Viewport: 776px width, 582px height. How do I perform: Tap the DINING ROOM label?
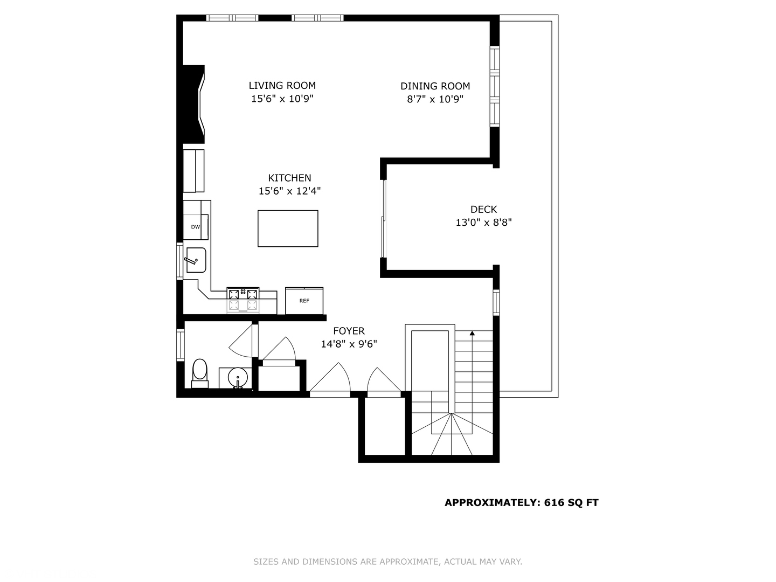click(435, 86)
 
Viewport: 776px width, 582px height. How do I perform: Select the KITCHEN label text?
click(289, 178)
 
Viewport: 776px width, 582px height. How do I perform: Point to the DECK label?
click(483, 209)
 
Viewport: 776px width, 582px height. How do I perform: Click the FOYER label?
click(349, 331)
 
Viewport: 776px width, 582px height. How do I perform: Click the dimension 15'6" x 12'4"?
click(289, 191)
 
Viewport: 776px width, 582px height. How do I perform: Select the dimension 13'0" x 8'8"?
click(483, 222)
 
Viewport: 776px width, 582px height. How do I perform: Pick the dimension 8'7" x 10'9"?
click(435, 99)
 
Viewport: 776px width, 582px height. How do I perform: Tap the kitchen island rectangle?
click(288, 228)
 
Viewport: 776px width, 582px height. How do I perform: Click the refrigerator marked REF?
click(304, 301)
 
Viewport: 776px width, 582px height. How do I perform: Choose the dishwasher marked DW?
click(195, 227)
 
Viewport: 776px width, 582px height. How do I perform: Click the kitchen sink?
click(196, 260)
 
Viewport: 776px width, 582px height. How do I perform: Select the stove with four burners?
click(243, 300)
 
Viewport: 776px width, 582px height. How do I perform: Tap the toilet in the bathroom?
click(199, 372)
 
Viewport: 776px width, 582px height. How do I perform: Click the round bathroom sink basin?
click(237, 377)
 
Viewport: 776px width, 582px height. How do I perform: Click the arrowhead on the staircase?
click(472, 334)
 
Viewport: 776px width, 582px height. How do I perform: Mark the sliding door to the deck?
click(384, 218)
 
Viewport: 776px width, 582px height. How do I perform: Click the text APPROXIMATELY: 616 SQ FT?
click(521, 502)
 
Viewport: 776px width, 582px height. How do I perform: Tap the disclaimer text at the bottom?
click(387, 562)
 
